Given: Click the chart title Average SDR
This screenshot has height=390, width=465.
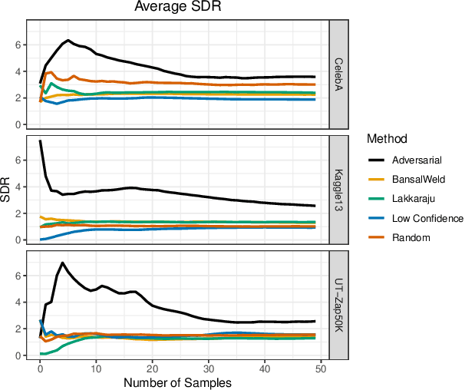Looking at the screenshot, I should coord(178,8).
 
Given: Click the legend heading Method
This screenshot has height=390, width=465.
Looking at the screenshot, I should coord(386,139).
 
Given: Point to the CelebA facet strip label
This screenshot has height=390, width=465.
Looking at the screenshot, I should coord(338,74).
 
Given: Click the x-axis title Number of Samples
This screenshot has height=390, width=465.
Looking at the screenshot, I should coord(178,382).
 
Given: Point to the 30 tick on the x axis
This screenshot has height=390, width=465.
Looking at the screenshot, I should coord(209,368).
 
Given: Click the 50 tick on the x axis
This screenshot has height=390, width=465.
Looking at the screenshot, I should coord(321,368).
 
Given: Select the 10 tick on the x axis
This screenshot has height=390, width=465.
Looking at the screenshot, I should coord(96,368).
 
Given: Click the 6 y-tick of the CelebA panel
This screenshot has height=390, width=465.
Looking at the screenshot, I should coord(18,45).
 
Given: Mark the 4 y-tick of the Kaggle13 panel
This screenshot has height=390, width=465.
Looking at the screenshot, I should coord(18,187).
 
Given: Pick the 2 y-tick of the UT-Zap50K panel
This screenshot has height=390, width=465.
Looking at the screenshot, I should coord(18,329).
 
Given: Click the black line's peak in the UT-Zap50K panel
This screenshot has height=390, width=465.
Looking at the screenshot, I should coord(62,263).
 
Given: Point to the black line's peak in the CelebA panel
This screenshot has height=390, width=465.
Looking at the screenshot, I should coord(68,40).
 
